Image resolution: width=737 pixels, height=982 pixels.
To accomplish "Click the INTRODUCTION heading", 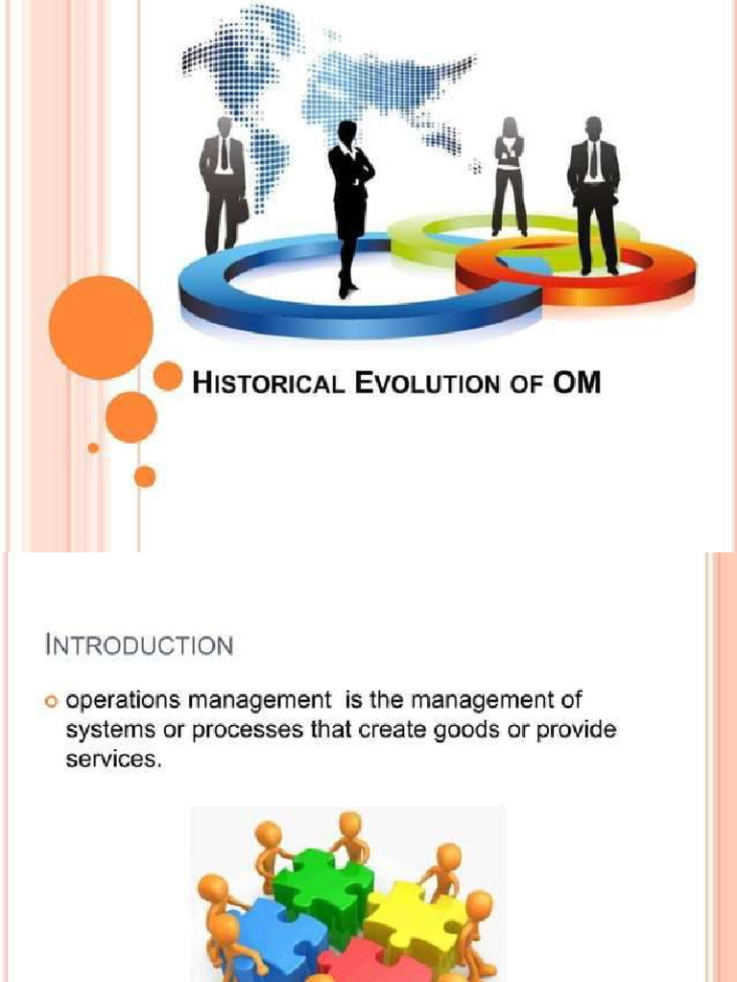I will pyautogui.click(x=139, y=644).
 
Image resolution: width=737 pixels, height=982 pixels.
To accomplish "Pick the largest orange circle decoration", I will pyautogui.click(x=101, y=327).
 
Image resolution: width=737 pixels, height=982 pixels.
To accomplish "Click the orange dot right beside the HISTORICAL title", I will pyautogui.click(x=168, y=376).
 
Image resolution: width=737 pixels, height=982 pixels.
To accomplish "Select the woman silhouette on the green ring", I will pyautogui.click(x=510, y=177).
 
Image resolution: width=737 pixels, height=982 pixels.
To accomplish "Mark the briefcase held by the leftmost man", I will pyautogui.click(x=242, y=209).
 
